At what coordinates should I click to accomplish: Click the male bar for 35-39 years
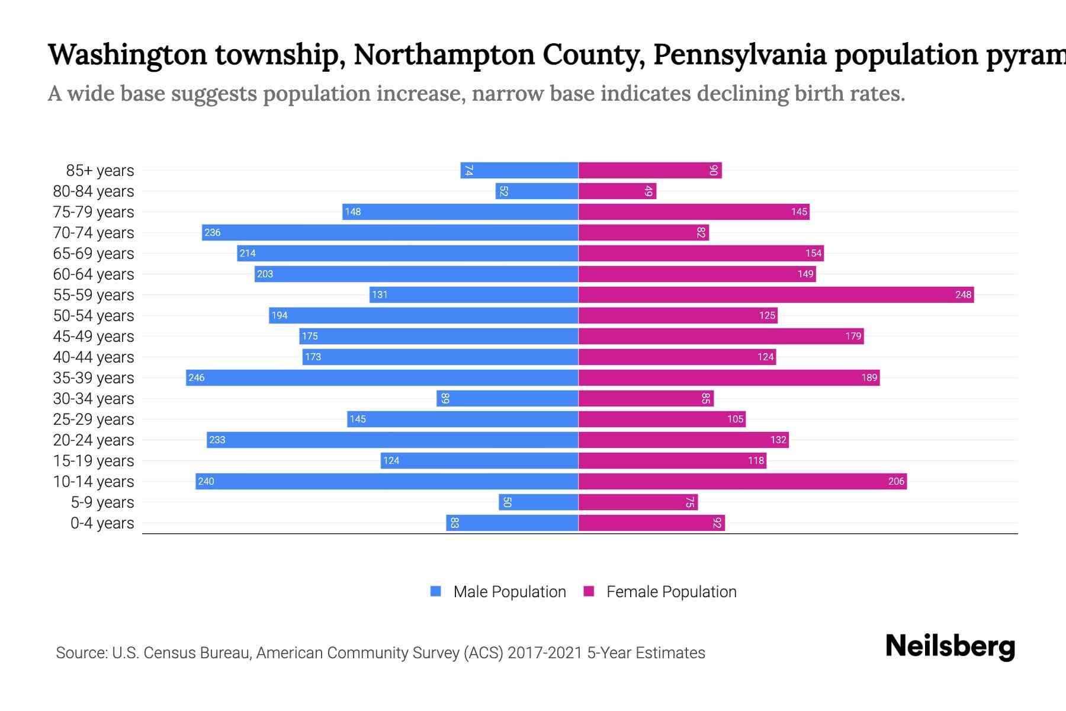coord(382,377)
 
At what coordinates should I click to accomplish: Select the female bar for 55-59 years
coord(776,294)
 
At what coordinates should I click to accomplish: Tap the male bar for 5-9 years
coord(538,502)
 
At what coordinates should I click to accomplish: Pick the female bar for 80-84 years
coord(617,191)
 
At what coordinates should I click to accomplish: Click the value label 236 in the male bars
coord(213,233)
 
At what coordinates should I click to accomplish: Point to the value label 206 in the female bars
coord(896,481)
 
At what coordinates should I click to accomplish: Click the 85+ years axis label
coord(100,171)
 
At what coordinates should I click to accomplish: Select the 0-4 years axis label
coord(102,523)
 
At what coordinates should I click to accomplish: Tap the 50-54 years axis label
coord(94,316)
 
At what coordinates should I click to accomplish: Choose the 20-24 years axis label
coord(94,440)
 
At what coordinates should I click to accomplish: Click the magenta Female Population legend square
coord(589,591)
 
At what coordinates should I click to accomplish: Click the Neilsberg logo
coord(950,646)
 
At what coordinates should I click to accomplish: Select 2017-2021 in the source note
coord(544,653)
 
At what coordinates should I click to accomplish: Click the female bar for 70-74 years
coord(644,233)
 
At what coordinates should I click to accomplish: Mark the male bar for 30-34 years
coord(508,398)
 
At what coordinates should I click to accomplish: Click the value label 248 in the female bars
coord(963,294)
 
